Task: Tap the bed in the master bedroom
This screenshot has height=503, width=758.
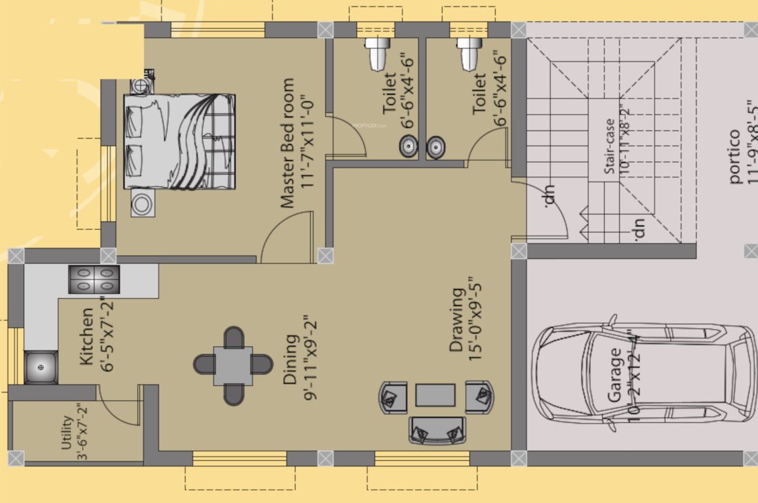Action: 179,141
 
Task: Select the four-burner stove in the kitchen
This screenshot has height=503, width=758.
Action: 93,279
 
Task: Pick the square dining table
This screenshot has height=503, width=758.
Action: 233,365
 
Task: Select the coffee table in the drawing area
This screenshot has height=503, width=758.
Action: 435,395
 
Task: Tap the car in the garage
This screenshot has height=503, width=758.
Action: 645,373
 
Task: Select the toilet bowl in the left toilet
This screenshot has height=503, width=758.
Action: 376,54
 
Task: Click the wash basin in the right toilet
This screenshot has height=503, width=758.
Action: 436,146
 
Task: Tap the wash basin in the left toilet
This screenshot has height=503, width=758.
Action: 408,146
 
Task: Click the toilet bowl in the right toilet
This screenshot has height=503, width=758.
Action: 468,52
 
